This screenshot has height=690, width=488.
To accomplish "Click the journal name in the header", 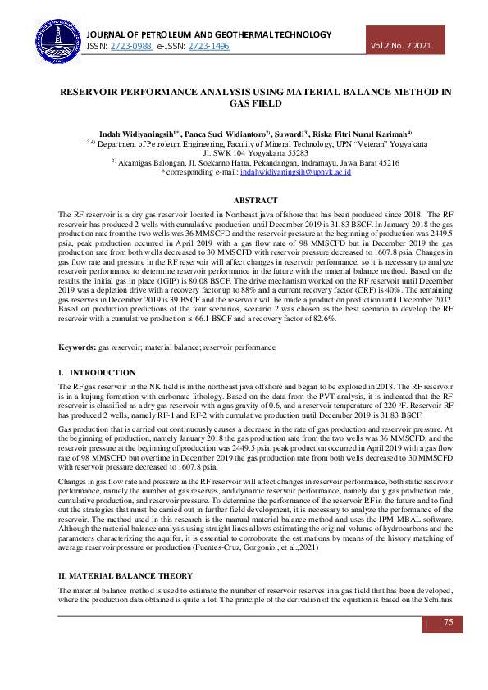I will click(209, 34).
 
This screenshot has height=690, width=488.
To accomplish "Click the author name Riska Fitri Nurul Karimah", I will click(362, 133).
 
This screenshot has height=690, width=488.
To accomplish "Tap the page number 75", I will click(449, 623).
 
